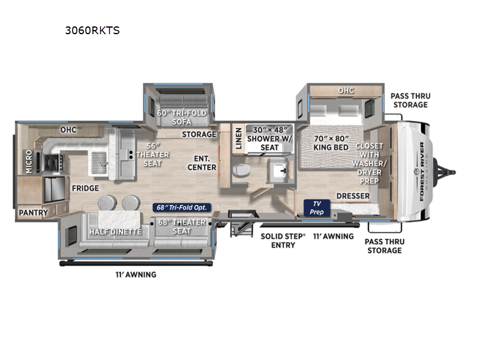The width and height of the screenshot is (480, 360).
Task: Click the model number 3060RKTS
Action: (92, 31)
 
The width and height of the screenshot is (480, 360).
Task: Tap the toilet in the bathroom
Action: (241, 170)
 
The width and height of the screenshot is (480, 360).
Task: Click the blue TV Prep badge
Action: (317, 208)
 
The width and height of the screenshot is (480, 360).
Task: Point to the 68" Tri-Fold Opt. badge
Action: (182, 208)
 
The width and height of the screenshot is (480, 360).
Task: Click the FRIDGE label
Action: (85, 188)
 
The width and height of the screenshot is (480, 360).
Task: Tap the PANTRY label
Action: (34, 212)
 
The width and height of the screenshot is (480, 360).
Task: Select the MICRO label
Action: (29, 161)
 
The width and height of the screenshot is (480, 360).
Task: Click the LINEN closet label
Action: (238, 139)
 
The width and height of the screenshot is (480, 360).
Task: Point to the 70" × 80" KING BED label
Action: (331, 143)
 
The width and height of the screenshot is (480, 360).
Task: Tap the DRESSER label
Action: (353, 196)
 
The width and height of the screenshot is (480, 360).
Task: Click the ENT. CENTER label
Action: (202, 163)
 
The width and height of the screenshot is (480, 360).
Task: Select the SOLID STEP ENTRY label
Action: (283, 241)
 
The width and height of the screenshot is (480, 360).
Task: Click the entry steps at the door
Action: (242, 223)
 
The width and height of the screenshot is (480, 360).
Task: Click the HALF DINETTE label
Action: (115, 232)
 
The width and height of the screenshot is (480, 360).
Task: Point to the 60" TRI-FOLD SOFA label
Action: (182, 117)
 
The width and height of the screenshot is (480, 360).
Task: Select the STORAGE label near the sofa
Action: (199, 134)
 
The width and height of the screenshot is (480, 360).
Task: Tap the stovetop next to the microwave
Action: (54, 162)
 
